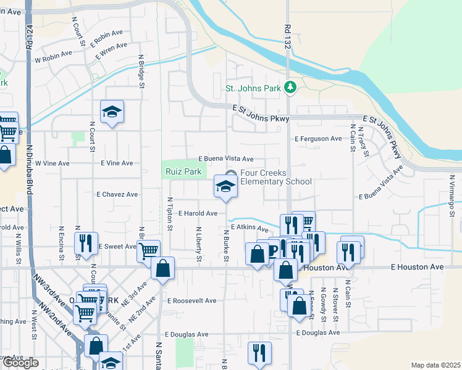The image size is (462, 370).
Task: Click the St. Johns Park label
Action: tap(253, 89)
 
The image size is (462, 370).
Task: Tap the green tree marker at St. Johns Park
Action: tap(290, 88)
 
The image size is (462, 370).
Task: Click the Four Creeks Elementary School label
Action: tap(275, 178)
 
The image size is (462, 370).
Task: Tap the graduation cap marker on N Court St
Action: tap(112, 112)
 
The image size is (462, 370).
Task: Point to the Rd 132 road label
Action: tap(287, 36)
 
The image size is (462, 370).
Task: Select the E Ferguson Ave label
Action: tap(317, 139)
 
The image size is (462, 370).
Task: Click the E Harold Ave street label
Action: tap(198, 213)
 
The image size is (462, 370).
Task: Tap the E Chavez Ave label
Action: tap(117, 194)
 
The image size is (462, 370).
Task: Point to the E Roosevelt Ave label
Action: tap(191, 301)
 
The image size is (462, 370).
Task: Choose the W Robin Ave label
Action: tap(53, 60)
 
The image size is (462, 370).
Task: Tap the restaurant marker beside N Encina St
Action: tap(85, 242)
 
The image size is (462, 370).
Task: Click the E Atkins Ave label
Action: tap(251, 228)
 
